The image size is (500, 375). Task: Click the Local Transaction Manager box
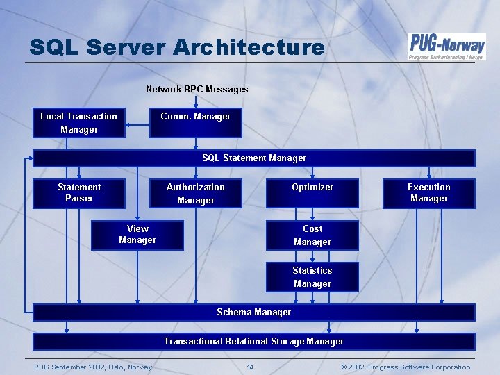tap(78, 123)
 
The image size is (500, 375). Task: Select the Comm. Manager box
tap(195, 123)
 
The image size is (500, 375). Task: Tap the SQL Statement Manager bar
tap(254, 158)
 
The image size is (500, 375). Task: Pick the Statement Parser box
tap(78, 193)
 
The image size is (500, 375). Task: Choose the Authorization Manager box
tap(195, 193)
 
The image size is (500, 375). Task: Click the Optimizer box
tap(312, 193)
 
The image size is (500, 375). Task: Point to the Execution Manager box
tap(428, 193)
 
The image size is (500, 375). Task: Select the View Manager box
tap(137, 235)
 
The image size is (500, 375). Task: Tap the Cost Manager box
tap(312, 235)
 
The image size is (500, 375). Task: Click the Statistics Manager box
tap(312, 277)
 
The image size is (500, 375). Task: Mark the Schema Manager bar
tap(254, 312)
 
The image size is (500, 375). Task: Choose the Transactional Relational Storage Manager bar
tap(254, 341)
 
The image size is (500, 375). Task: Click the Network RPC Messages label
tap(197, 90)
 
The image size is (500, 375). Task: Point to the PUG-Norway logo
tap(447, 47)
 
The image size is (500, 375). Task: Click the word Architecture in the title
tap(249, 47)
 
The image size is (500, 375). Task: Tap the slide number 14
tap(251, 367)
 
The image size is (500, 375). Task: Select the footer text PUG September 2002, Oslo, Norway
tap(93, 367)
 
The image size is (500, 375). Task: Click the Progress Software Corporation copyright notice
tap(406, 367)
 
